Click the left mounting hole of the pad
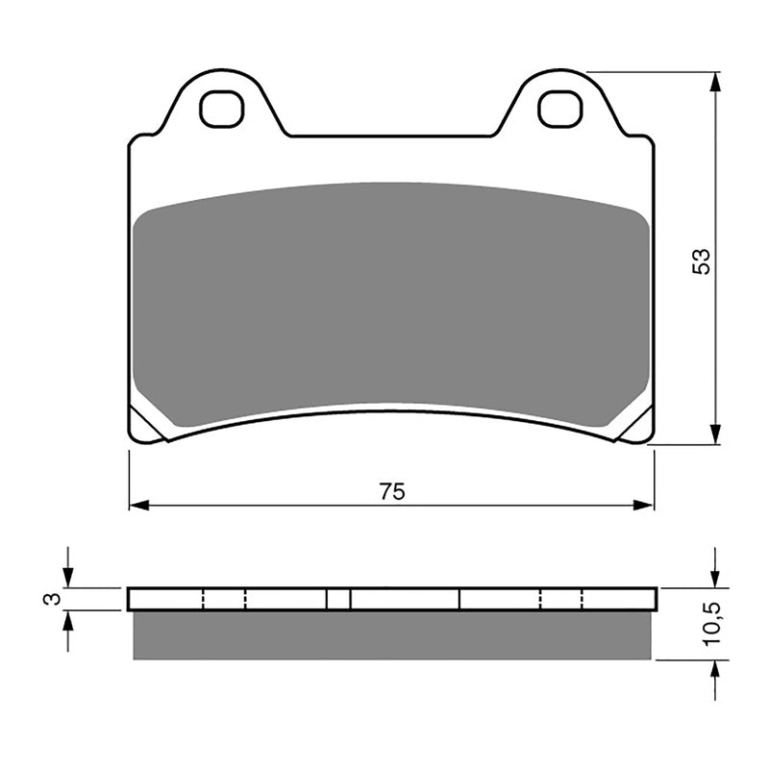tap(222, 110)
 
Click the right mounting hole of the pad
tap(560, 110)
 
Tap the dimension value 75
tap(391, 491)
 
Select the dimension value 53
tap(703, 261)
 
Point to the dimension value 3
tap(54, 599)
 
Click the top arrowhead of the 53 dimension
tap(714, 83)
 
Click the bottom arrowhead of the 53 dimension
tap(714, 434)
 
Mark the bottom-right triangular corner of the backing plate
tap(637, 426)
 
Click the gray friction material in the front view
tap(391, 298)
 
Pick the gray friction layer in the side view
tap(391, 635)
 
